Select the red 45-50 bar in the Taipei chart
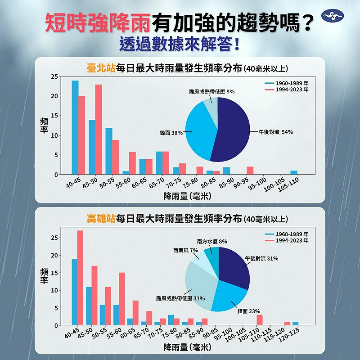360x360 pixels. point(99,130)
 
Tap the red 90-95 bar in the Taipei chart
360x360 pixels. point(250,171)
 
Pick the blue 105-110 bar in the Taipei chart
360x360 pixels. point(294,173)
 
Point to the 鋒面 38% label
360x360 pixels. point(171,133)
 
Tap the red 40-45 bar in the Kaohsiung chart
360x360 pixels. point(80,278)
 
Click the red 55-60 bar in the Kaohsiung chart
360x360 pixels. point(121,299)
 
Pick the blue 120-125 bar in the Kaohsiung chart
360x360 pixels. point(295,324)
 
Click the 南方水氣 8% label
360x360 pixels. point(211,242)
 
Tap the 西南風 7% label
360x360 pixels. point(185,250)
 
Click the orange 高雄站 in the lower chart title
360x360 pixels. point(101,219)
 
